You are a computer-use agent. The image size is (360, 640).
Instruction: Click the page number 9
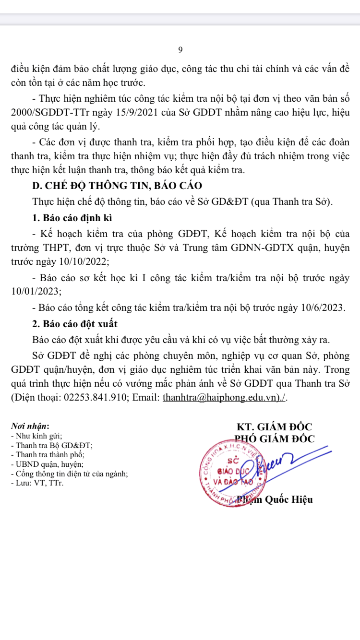(x=180, y=50)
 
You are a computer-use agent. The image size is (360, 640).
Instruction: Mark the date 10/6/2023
(x=320, y=307)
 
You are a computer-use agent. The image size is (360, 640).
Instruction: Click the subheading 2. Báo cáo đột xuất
(x=75, y=323)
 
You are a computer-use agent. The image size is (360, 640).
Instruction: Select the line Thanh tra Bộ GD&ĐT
(x=53, y=445)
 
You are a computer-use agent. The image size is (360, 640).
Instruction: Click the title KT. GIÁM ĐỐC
(x=275, y=427)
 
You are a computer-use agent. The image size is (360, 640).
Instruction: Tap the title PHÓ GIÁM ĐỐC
(x=275, y=439)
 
